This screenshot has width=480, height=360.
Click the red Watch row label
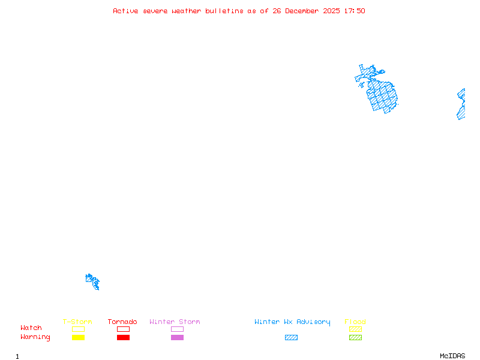click(31, 328)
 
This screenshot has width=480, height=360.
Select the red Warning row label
click(35, 337)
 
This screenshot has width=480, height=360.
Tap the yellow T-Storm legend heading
click(77, 322)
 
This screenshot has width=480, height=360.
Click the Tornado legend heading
click(122, 322)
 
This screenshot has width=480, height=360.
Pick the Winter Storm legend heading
click(175, 322)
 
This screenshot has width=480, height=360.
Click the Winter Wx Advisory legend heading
click(292, 322)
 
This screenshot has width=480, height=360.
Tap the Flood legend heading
click(355, 322)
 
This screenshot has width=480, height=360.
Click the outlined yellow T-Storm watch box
click(78, 329)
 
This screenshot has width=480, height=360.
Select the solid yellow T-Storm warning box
click(78, 338)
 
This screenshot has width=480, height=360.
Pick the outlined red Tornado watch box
click(123, 329)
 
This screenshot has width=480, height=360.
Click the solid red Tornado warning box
click(123, 338)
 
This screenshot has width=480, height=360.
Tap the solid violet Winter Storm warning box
click(177, 338)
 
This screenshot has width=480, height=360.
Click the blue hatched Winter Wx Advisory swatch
click(291, 338)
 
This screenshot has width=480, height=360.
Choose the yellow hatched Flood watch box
click(355, 329)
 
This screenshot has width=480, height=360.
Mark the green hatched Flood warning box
click(355, 338)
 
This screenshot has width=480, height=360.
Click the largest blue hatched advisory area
click(383, 95)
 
